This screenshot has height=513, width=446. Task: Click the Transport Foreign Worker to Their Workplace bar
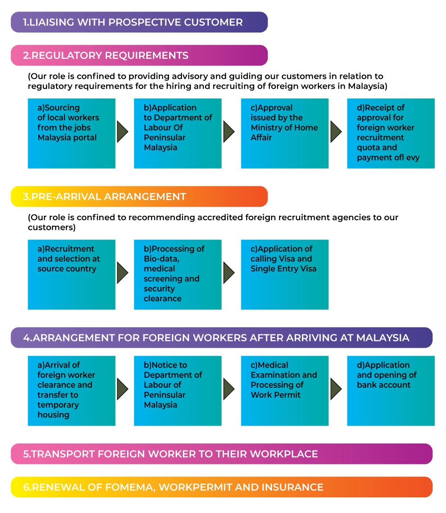coord(221,454)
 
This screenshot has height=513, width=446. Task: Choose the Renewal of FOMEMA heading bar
coord(221,487)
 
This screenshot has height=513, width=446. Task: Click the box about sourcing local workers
coord(71,133)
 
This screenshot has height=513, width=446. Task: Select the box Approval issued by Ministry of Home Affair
coord(285,133)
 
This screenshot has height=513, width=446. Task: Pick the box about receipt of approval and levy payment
coord(391,133)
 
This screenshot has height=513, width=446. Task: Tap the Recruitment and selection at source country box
coord(71,275)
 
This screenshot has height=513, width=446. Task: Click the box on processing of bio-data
coord(178,275)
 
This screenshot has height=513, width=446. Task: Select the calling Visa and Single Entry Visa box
coord(285,275)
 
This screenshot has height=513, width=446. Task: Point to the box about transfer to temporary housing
coord(71,390)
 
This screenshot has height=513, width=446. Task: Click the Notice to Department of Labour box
coord(178,390)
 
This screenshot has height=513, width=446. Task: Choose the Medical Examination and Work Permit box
coord(285,390)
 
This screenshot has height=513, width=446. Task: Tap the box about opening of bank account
coord(391,390)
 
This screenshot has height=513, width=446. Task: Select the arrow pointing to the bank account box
coord(336,389)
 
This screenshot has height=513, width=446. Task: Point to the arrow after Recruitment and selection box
coord(122,273)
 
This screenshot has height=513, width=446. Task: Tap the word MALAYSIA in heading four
coord(383,338)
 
